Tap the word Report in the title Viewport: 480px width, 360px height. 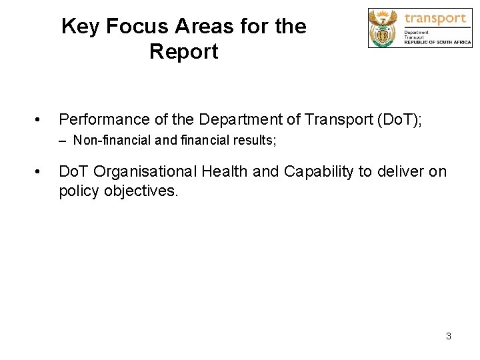point(184,51)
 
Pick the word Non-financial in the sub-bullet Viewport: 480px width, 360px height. point(105,141)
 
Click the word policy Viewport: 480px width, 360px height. point(77,191)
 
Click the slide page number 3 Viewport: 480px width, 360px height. point(449,336)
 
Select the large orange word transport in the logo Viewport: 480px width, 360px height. point(436,18)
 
